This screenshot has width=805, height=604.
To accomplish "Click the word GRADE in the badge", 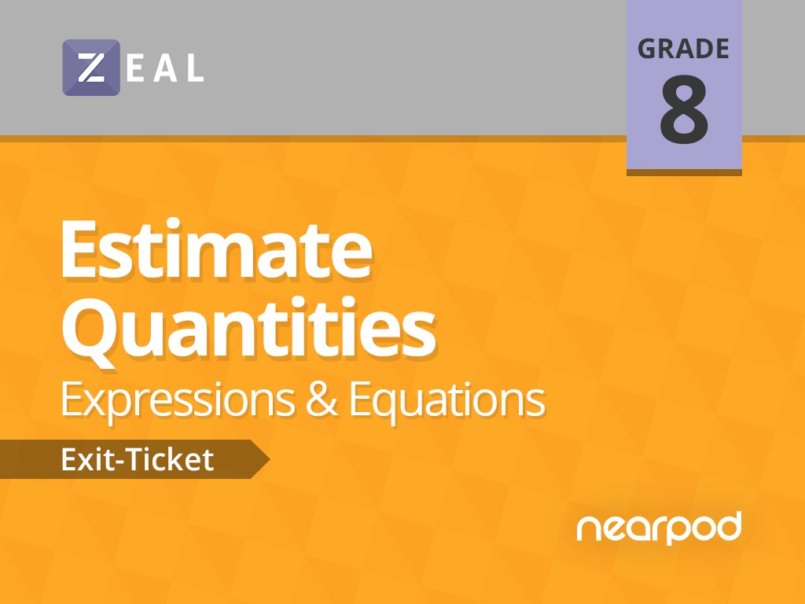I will click(683, 49).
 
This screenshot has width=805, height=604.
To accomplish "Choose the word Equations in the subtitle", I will click(447, 400).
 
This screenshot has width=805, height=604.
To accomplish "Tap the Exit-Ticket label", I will click(137, 459).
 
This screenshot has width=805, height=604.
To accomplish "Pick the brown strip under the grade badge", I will click(684, 172).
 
